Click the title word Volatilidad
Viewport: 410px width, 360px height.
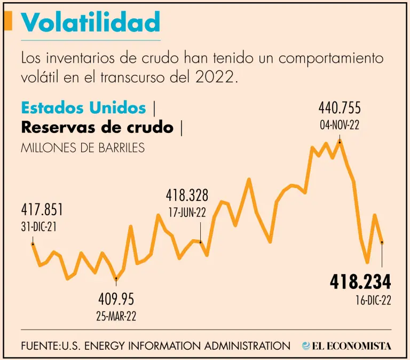point(91,22)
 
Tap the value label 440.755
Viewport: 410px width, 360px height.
point(340,108)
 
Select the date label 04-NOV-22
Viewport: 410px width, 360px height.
point(340,125)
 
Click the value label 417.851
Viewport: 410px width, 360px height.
point(42,209)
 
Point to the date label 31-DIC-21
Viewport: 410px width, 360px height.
point(39,226)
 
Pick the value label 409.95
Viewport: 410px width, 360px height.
point(116,298)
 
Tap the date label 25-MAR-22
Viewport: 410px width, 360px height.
point(116,315)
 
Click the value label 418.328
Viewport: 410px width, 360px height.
point(187,195)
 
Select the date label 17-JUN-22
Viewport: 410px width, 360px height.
point(187,212)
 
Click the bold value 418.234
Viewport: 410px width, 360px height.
point(360,281)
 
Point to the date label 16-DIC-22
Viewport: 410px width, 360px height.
point(372,300)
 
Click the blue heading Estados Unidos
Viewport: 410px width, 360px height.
point(83,108)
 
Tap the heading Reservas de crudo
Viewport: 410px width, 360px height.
point(97,128)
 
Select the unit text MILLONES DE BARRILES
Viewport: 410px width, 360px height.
point(83,147)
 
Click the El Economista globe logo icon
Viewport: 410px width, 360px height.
point(306,346)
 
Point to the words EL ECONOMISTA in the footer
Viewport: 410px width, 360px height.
point(353,346)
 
